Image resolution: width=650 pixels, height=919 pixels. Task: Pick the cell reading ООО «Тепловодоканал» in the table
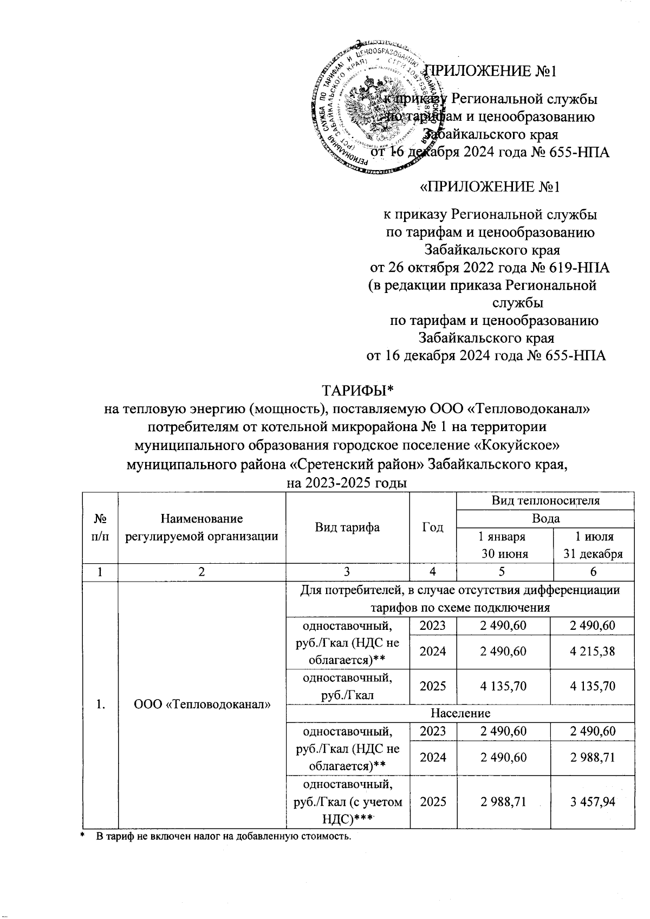[201, 705]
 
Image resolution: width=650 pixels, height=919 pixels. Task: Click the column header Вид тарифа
[347, 527]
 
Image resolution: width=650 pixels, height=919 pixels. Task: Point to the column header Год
[433, 527]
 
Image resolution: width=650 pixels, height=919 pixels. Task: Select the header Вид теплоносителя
[545, 500]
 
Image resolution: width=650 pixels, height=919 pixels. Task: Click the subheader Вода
[545, 518]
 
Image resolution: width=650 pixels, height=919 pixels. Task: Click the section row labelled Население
[460, 713]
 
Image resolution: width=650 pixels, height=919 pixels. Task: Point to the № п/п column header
[100, 527]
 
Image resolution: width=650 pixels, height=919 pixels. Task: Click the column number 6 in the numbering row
[594, 572]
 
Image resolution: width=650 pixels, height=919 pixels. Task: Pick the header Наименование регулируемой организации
[201, 527]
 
